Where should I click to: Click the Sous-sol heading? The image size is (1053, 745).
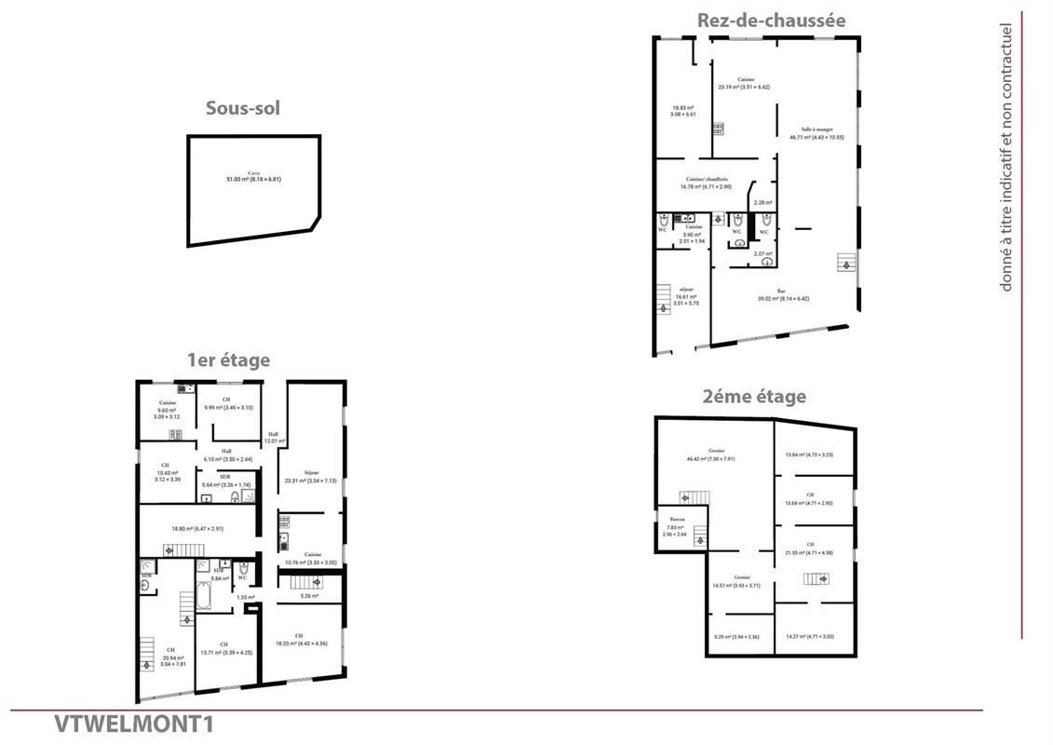click(x=242, y=108)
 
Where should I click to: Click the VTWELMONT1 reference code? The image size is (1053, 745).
click(x=133, y=724)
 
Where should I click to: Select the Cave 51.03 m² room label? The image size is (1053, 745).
click(x=253, y=176)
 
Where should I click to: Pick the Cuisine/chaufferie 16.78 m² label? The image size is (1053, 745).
click(x=707, y=183)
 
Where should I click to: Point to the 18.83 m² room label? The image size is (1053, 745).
click(x=683, y=111)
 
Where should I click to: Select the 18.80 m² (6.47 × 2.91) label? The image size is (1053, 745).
click(x=198, y=529)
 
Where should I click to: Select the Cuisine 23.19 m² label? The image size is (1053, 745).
click(x=744, y=83)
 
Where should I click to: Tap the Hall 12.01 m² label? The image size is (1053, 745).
click(x=275, y=438)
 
